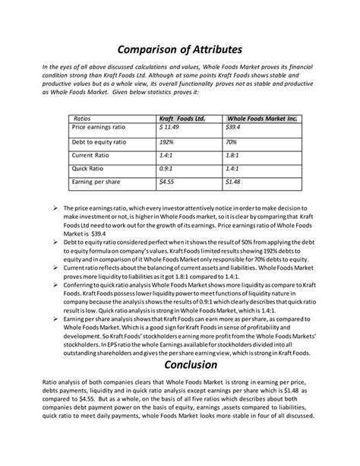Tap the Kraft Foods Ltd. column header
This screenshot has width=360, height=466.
coord(182,119)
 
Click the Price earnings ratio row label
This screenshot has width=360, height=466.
coord(99,127)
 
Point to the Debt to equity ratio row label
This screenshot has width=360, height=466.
coord(99,141)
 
